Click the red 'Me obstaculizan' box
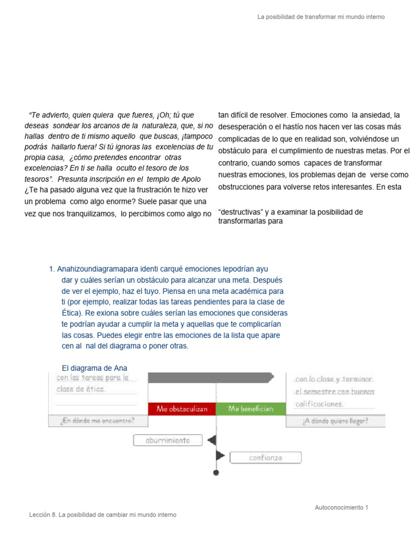[182, 409]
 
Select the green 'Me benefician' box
[250, 409]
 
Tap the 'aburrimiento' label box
[168, 440]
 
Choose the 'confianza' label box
[265, 458]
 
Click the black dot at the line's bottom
[216, 473]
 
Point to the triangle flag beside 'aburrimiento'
[212, 440]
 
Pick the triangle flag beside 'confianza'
[220, 456]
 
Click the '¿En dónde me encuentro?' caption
[98, 421]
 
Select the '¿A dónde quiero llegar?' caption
[335, 421]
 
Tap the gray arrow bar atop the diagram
[210, 377]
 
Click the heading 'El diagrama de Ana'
[94, 368]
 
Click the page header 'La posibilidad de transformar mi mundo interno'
[321, 17]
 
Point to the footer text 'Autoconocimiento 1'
[341, 507]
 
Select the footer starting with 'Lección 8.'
[102, 515]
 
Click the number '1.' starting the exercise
[52, 269]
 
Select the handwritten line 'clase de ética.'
[81, 389]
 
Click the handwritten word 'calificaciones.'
[319, 404]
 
